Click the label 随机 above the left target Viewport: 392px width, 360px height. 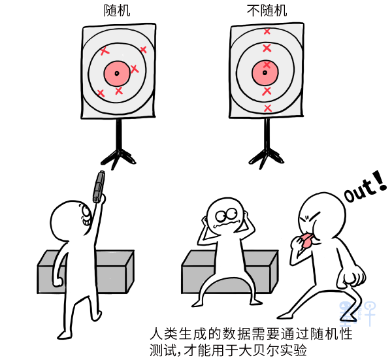click(117, 10)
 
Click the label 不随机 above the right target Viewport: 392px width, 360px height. click(267, 10)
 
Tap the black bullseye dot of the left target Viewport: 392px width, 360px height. click(117, 73)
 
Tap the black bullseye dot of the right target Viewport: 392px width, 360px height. click(265, 73)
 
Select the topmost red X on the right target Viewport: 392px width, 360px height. click(267, 31)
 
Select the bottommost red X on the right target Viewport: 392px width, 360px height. click(267, 108)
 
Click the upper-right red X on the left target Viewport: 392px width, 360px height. click(143, 50)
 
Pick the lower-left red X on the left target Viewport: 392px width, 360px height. click(101, 93)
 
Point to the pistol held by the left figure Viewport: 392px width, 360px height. click(99, 186)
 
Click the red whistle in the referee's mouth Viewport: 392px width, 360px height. click(307, 240)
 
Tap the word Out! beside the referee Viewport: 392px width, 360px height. click(365, 186)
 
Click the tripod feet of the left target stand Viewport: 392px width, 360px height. click(118, 157)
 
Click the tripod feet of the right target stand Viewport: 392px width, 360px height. click(267, 157)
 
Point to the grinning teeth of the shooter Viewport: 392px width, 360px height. click(85, 221)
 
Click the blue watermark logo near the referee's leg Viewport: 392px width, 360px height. click(357, 313)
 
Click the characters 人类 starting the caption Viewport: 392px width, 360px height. click(164, 334)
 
